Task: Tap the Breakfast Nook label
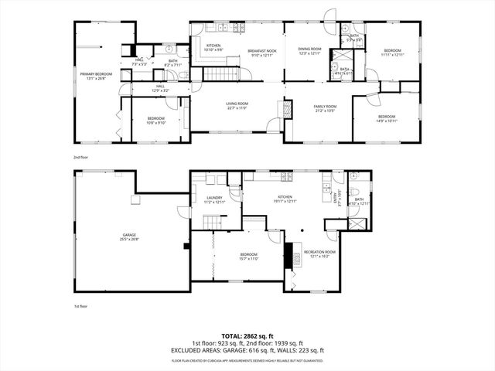coord(262,52)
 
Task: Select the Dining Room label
coord(309,49)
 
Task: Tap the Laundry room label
coord(214,197)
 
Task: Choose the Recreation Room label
coord(319,251)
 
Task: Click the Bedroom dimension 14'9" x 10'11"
coord(386,121)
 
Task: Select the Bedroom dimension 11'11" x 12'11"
coord(392,55)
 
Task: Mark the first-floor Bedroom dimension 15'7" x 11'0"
coord(248,258)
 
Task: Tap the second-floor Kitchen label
coord(213,46)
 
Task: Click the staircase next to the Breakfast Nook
coord(219,75)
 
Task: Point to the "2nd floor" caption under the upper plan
coord(81,157)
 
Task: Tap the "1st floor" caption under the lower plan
coord(81,305)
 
